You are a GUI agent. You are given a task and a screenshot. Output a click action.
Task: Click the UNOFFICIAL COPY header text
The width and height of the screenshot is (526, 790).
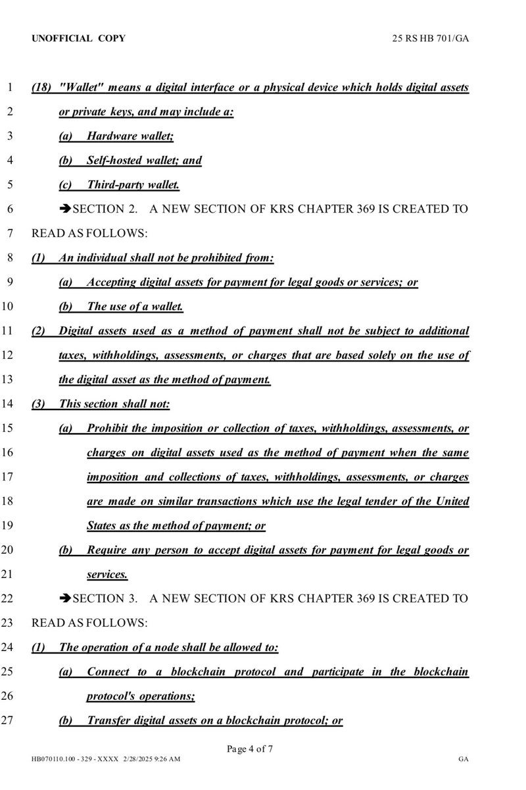tap(78, 39)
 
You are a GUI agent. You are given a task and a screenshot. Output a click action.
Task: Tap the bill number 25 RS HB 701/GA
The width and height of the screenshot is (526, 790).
tap(429, 39)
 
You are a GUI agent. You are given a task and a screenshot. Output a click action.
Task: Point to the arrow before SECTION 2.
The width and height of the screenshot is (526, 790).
tap(65, 209)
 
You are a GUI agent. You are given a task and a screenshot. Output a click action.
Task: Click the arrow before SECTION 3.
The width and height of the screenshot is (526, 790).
tap(65, 599)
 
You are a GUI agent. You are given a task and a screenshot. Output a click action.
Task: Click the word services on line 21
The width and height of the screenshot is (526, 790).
tap(107, 575)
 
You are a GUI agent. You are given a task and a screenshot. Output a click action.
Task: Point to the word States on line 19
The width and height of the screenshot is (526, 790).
tap(101, 526)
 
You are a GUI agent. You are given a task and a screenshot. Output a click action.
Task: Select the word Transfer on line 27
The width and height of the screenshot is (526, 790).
tap(108, 721)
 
